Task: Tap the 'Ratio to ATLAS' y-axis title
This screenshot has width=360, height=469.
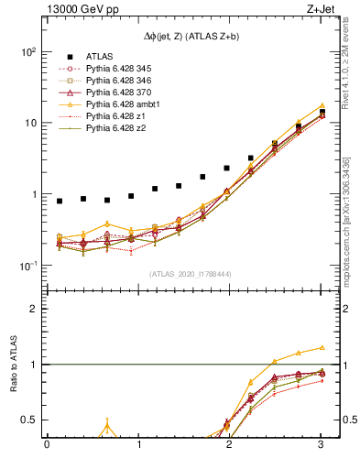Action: point(16,364)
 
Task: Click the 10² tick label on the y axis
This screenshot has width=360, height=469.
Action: point(27,51)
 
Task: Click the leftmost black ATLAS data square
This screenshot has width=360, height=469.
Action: point(60,201)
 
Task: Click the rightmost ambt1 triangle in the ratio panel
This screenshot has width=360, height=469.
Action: point(322,348)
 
